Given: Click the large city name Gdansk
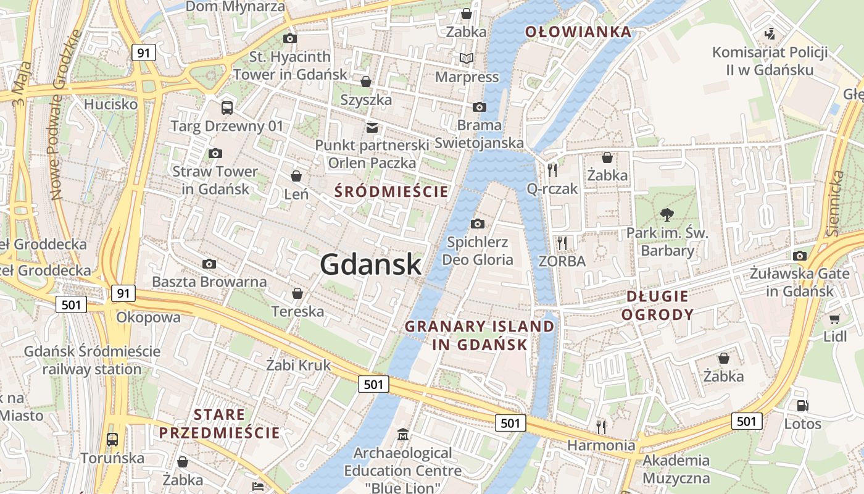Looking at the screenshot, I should [371, 264].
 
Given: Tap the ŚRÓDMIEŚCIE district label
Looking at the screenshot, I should [391, 191].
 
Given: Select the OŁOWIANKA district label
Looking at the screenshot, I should [578, 32].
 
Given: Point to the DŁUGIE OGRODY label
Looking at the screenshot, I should [657, 305].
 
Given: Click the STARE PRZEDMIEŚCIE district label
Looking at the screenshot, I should [220, 423].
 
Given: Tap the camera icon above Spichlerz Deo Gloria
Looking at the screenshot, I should [478, 224].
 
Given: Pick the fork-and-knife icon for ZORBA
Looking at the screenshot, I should [562, 243].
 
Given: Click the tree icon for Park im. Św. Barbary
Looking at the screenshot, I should [667, 215].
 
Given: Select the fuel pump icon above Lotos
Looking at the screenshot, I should [802, 406].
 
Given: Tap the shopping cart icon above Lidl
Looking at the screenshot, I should [835, 319].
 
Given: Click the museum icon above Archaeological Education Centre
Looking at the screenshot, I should [403, 435].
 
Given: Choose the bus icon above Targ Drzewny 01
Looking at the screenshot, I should [227, 108].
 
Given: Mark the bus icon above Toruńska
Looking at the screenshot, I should [112, 440].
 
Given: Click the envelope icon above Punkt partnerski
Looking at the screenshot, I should [372, 128].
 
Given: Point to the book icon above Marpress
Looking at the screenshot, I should [467, 59].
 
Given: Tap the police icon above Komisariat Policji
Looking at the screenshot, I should [770, 33].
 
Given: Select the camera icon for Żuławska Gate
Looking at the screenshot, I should [800, 256].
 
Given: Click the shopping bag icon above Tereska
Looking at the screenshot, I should [297, 293].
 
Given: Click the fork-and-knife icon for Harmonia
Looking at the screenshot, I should [601, 426].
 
